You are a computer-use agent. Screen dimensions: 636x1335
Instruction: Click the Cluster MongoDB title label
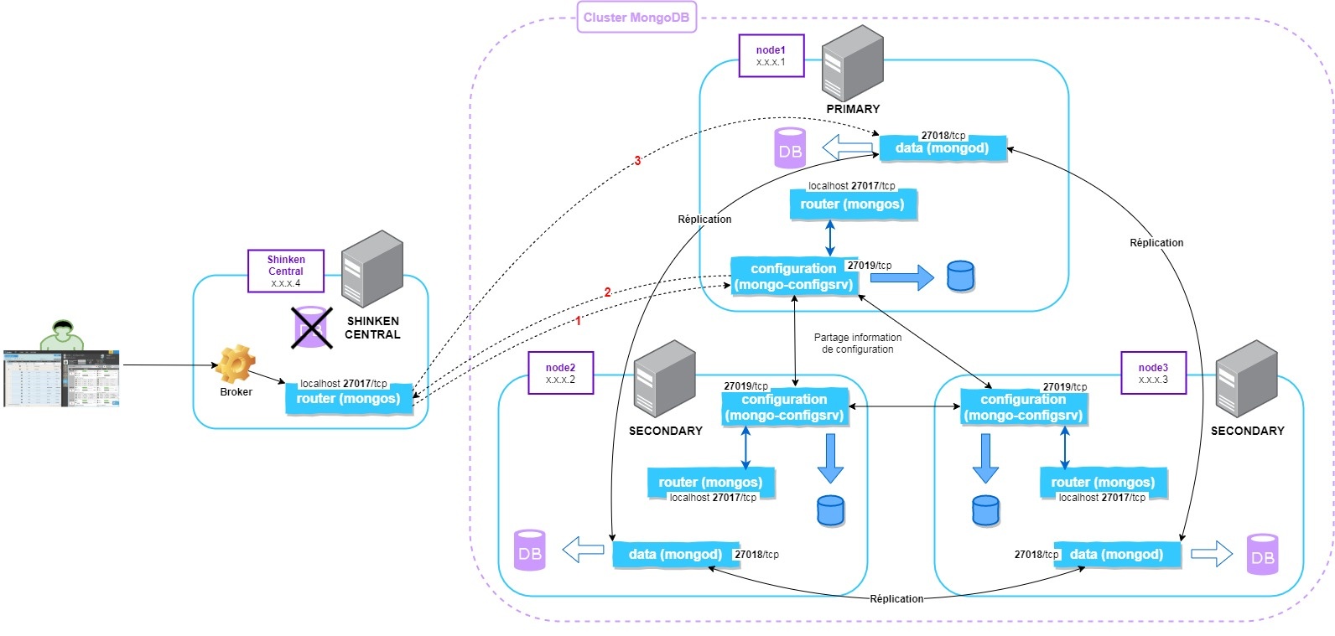pos(636,18)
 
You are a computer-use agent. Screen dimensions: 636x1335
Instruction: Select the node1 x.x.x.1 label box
pos(771,56)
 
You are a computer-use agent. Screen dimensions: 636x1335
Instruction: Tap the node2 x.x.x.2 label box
pos(560,373)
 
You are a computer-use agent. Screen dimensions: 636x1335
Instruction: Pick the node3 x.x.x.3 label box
pos(1153,373)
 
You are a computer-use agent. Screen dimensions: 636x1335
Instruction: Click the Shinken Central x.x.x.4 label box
pos(285,271)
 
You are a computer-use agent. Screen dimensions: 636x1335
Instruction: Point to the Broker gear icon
pos(236,365)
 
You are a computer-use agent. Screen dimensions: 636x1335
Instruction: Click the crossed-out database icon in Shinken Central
pos(310,327)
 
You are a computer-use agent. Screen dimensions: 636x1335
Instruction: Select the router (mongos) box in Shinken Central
pos(348,399)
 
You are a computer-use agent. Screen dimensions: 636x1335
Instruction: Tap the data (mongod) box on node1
pos(942,148)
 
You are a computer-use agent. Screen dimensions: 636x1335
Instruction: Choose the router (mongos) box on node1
pos(852,204)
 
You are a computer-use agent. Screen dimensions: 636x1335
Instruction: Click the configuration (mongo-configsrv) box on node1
pos(793,277)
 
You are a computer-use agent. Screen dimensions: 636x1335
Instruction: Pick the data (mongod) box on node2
pos(675,555)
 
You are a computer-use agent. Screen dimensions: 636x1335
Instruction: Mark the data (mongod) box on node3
pos(1116,555)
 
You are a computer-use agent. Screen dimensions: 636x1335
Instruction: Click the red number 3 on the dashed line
pos(637,161)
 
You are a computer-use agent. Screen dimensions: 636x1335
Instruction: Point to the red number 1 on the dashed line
pos(578,321)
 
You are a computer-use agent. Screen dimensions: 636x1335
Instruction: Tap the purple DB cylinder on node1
pos(790,148)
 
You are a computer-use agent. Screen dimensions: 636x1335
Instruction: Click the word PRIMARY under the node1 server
pos(853,109)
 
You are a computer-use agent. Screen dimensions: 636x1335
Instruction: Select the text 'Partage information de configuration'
pos(857,344)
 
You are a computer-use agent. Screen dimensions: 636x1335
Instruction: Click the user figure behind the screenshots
pos(61,334)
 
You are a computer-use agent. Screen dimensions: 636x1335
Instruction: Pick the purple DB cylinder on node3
pos(1262,555)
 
